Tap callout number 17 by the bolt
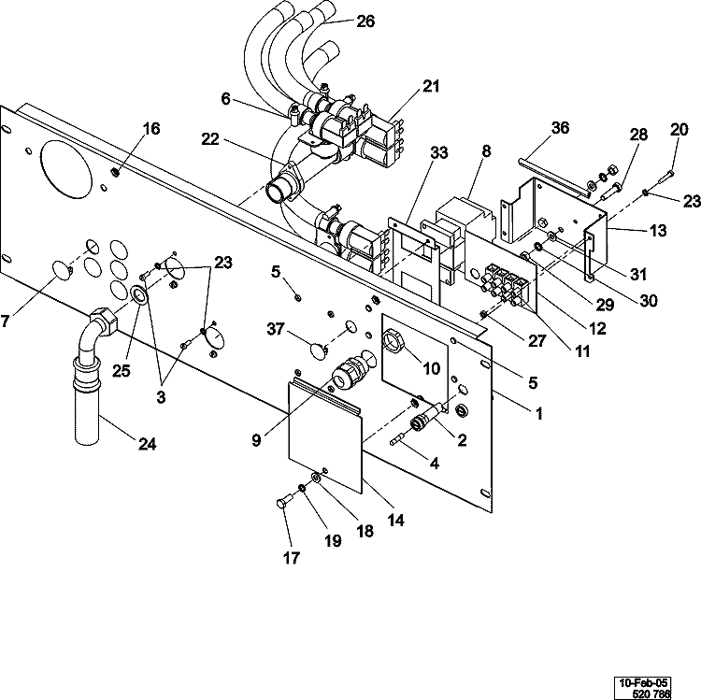pyautogui.click(x=292, y=559)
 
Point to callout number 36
pyautogui.click(x=560, y=127)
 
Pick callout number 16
pyautogui.click(x=150, y=127)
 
